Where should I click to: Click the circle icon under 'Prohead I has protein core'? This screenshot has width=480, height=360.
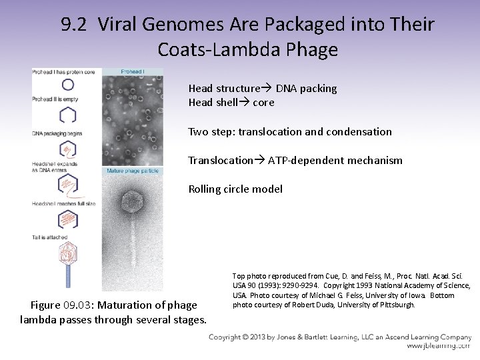pos(67,85)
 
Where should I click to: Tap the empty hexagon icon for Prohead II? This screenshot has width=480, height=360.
pos(67,115)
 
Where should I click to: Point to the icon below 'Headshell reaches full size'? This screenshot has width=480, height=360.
pos(67,218)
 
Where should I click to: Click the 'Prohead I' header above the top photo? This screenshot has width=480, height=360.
pos(132,71)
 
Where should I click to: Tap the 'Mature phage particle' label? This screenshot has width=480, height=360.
pos(131,171)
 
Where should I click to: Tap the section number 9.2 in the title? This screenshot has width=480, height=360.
pos(74,25)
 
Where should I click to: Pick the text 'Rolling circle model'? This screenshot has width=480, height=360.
pos(235,189)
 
